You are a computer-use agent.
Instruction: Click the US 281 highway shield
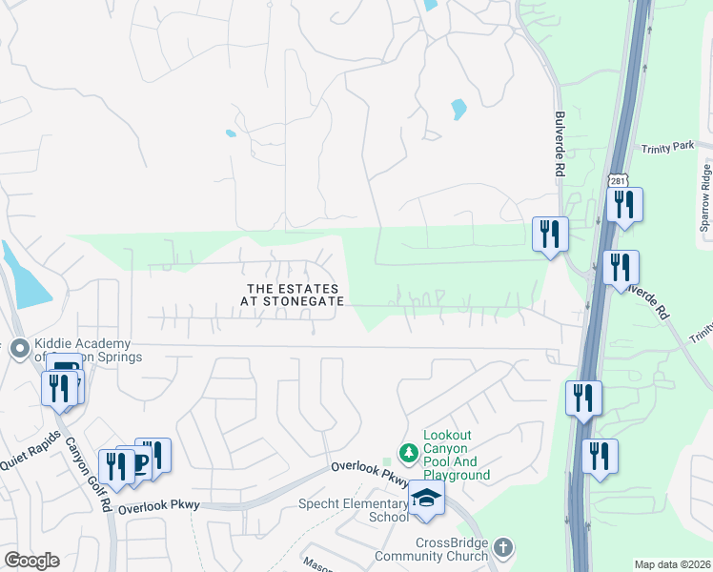coord(615,181)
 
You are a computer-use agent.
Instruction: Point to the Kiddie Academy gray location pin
coord(17,350)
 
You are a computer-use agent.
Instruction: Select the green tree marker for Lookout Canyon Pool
coord(409,451)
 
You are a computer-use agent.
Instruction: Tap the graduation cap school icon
coord(427,499)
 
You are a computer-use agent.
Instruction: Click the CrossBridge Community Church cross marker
coord(504,548)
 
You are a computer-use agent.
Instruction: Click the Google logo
coord(31,561)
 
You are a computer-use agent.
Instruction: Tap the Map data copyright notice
coord(671,564)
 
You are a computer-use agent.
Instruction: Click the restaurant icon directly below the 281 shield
coord(624,204)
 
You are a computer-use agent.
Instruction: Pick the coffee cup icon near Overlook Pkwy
coord(138,464)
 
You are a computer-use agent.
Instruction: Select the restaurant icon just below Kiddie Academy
coord(59,387)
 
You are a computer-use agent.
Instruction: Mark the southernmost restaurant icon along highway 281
coord(600,456)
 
